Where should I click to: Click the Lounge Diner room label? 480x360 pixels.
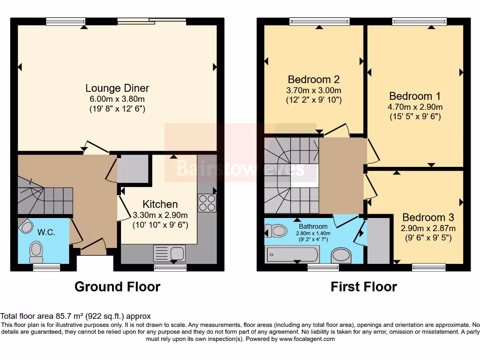pyautogui.click(x=117, y=88)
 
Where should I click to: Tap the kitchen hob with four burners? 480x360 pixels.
pyautogui.click(x=207, y=203)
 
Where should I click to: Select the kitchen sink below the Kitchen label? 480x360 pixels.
pyautogui.click(x=169, y=254)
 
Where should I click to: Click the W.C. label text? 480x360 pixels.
pyautogui.click(x=46, y=232)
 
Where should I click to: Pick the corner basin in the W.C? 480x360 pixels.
pyautogui.click(x=26, y=226)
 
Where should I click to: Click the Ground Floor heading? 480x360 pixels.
pyautogui.click(x=117, y=287)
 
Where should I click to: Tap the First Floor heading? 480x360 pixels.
pyautogui.click(x=364, y=287)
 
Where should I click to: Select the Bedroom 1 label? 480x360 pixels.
pyautogui.click(x=415, y=96)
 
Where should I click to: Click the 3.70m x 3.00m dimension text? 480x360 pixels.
pyautogui.click(x=314, y=90)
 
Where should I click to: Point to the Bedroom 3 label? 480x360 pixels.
pyautogui.click(x=428, y=217)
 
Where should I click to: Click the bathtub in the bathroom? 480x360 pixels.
pyautogui.click(x=292, y=255)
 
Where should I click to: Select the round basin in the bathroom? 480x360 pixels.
pyautogui.click(x=341, y=255)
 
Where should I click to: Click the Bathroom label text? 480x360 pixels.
pyautogui.click(x=313, y=226)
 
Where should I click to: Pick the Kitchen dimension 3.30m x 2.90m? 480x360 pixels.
pyautogui.click(x=160, y=215)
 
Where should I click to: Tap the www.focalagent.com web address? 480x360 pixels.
pyautogui.click(x=307, y=339)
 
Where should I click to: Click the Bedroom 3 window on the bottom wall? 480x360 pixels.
pyautogui.click(x=428, y=268)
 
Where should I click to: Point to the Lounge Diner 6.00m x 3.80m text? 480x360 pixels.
pyautogui.click(x=117, y=99)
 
